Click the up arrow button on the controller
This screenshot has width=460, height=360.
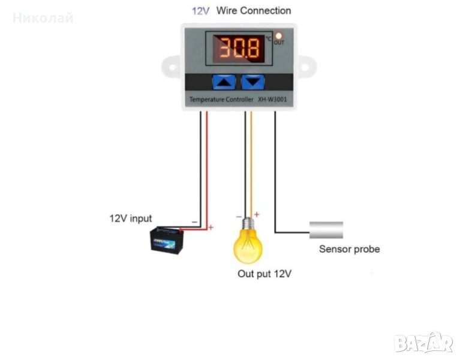coord(225,82)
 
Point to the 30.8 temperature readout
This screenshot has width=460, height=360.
coord(238,48)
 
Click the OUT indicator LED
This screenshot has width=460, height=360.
coord(279,36)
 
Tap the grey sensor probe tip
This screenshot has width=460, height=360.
coord(326,230)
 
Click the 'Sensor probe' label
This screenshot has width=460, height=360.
coord(349,249)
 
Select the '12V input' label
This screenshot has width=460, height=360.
coord(130,218)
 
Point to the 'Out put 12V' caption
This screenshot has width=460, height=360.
coord(264,274)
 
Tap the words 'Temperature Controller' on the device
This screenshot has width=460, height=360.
coord(221,99)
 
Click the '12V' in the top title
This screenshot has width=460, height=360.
coord(200,11)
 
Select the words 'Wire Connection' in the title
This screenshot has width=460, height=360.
coord(253,11)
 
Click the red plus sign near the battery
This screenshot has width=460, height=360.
coord(211,227)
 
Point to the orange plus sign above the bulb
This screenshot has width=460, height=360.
coord(256,214)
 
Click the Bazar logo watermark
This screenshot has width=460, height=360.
coord(423,342)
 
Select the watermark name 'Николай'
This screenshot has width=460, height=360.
coord(43,18)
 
